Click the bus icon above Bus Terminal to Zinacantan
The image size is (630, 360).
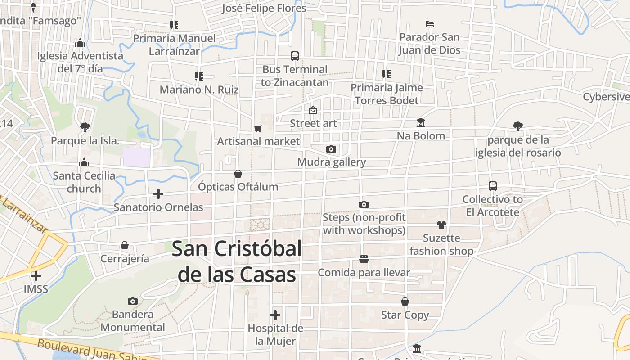[x=295, y=56]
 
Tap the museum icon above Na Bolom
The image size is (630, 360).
[x=421, y=122]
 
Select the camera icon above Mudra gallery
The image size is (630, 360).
[x=331, y=149]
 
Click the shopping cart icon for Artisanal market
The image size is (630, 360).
[x=258, y=129]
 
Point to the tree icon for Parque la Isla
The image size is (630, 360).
[x=85, y=127]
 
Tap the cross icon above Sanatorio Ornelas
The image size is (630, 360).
[x=158, y=194]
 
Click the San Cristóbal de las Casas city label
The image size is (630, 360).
[x=237, y=261]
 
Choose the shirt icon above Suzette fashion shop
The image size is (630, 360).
[x=441, y=225]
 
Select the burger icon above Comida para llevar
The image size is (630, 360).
[x=364, y=259]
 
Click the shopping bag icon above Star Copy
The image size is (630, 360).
[x=405, y=301]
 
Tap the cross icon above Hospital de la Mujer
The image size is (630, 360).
[x=275, y=315]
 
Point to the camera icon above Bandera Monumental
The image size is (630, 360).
[x=132, y=301]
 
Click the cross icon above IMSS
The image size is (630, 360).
[x=36, y=275]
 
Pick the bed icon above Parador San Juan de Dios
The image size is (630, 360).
[x=430, y=24]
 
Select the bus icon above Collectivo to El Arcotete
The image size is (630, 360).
[x=493, y=186]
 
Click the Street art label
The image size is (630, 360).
[x=313, y=123]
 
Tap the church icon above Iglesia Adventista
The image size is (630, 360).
[x=80, y=43]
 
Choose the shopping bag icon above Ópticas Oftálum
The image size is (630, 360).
[x=238, y=174]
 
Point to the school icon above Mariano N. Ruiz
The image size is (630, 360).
[x=199, y=76]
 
